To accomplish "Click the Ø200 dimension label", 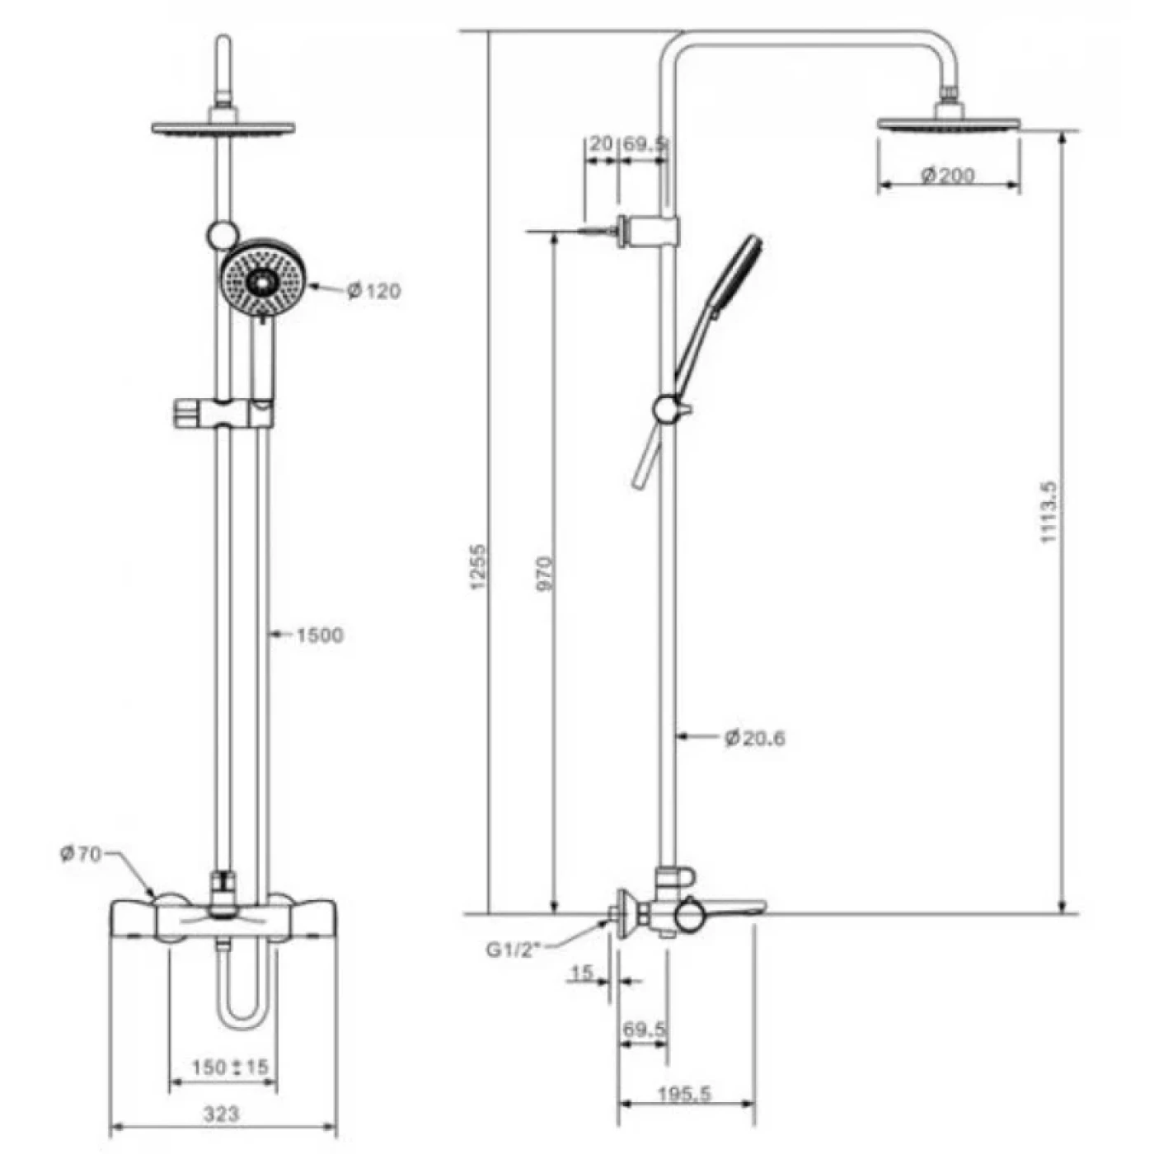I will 948,175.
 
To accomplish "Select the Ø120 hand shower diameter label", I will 373,290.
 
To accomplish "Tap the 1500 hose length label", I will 318,635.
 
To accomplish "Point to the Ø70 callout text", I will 80,854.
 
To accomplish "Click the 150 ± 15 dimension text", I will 230,1067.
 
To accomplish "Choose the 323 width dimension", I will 221,1114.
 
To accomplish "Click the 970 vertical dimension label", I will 545,573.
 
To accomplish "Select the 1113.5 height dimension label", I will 1048,511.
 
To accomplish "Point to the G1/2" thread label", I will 512,950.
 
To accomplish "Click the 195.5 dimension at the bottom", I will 684,1094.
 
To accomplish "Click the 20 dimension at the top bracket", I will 601,143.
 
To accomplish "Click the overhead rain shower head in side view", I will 949,124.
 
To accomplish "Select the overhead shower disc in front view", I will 223,128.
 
